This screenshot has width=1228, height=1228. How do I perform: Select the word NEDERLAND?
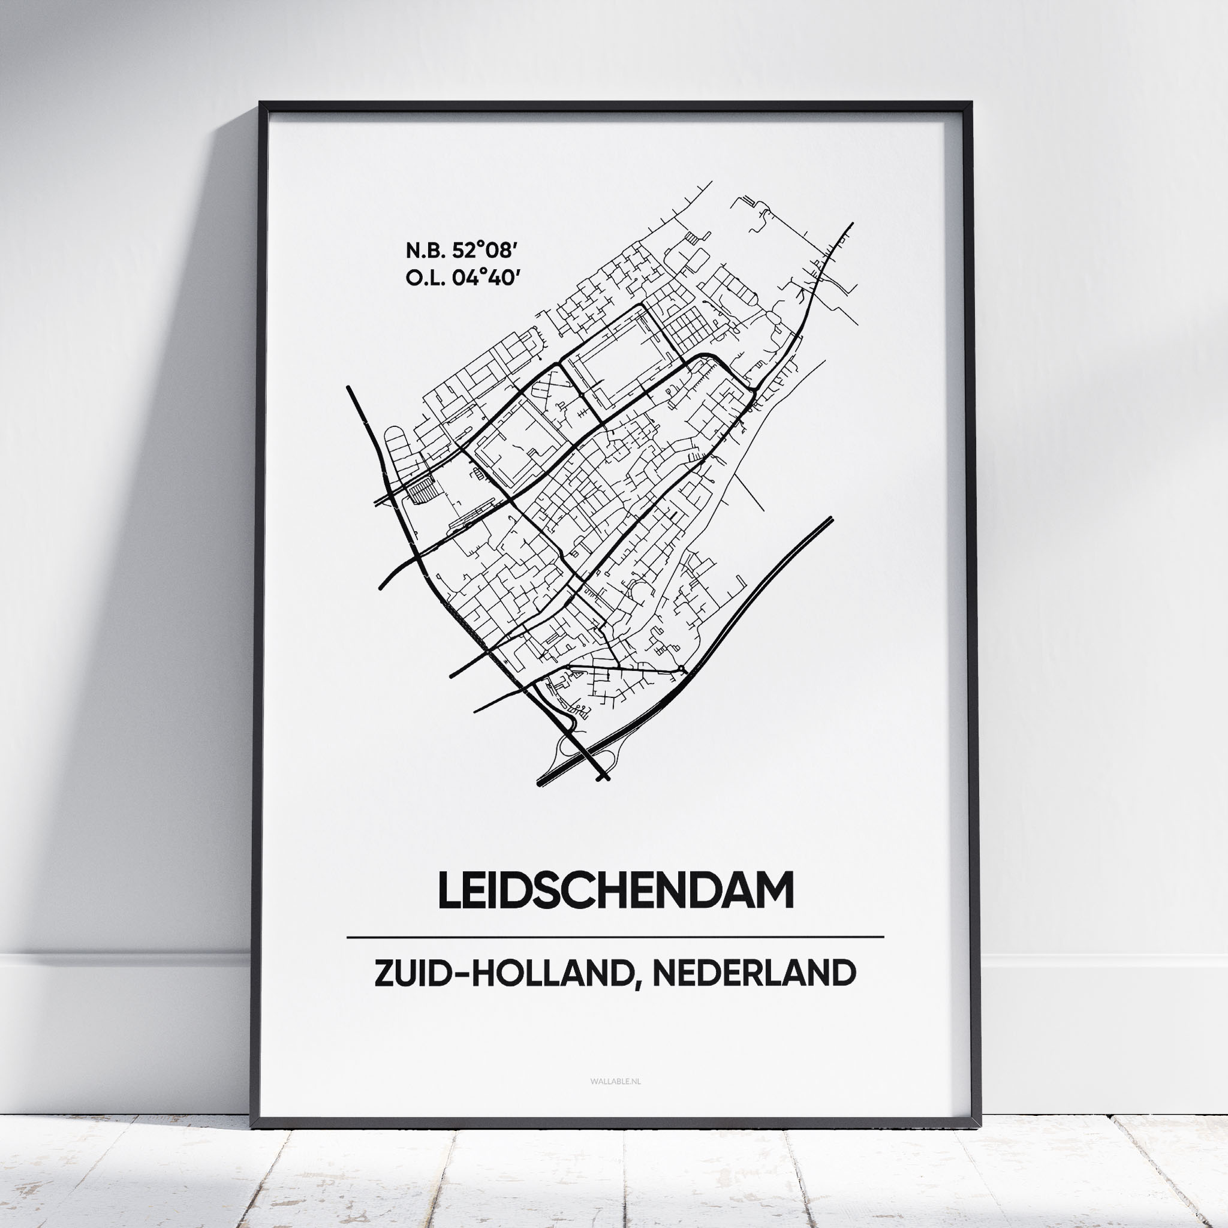tap(754, 974)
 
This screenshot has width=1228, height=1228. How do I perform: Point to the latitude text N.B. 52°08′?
tap(459, 251)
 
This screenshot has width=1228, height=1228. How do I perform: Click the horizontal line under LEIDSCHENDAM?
tap(615, 937)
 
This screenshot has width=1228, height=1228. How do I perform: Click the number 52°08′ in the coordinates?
tap(483, 251)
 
